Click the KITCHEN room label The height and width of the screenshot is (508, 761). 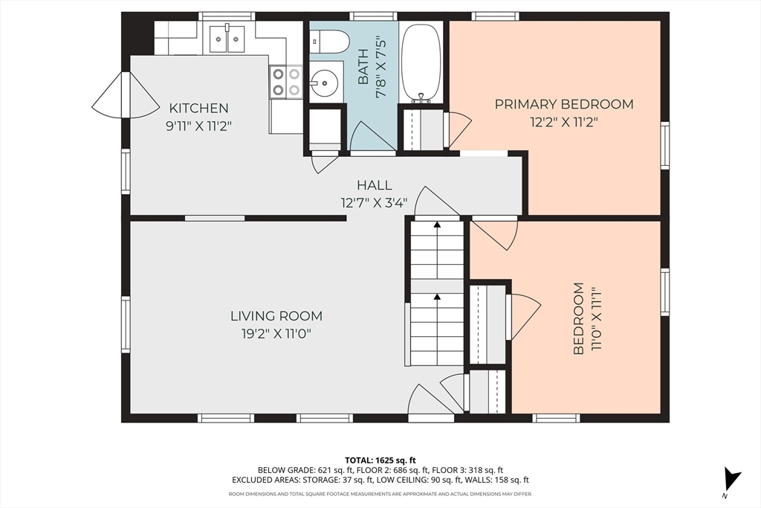pos(198,108)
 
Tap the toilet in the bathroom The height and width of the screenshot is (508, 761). pos(329,42)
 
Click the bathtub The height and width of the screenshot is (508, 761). pos(422,62)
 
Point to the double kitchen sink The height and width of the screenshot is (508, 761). pos(227,39)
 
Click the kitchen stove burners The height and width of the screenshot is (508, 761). pos(286,82)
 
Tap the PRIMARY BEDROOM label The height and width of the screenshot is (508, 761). pos(564,104)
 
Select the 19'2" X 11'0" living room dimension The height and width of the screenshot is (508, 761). pos(276,334)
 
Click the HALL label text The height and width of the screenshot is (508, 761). pos(375,185)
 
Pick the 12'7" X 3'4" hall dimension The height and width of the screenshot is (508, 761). pos(375,202)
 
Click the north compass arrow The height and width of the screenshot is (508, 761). pos(731,479)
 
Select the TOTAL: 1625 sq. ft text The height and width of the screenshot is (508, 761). pos(380,460)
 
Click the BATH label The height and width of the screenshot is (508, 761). pos(363,71)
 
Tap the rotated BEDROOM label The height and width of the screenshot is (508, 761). pos(578,318)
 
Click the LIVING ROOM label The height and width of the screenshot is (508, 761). pos(276,316)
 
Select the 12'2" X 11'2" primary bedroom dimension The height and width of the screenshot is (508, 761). pos(563,122)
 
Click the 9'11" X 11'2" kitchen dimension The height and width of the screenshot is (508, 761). pos(199,126)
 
